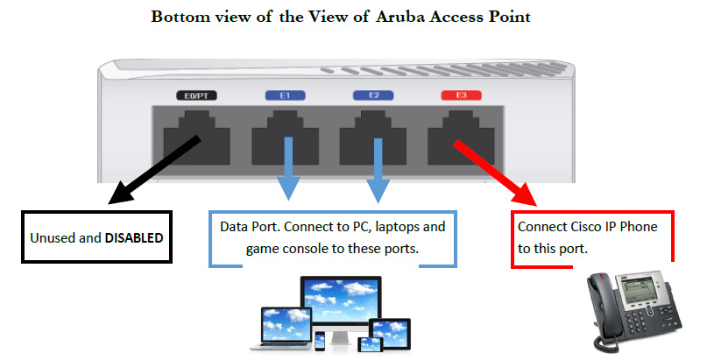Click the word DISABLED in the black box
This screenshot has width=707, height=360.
click(x=134, y=237)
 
